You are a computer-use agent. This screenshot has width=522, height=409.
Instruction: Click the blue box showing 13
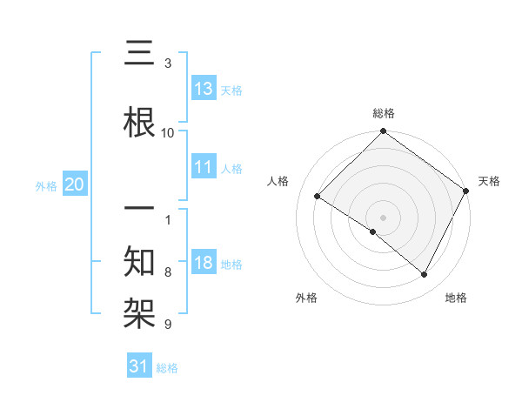pos(204,89)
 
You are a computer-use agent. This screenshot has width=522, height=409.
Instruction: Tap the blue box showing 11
pos(204,167)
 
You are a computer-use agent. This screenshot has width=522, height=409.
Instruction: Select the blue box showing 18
pos(204,263)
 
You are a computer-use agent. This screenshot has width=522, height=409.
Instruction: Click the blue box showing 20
pos(74,184)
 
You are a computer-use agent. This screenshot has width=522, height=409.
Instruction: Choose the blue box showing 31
pos(138,366)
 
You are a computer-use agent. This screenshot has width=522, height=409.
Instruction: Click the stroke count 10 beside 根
pos(168,132)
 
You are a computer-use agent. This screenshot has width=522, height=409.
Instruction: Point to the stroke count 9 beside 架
pos(168,325)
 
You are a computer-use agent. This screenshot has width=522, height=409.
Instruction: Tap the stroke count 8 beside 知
pos(168,272)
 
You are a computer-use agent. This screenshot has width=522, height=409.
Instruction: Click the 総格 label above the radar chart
pos(383,113)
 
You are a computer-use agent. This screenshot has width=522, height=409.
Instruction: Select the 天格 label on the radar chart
pos(489,181)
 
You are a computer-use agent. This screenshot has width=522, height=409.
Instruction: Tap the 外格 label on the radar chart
pos(306,298)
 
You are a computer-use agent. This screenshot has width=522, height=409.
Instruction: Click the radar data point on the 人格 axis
pos(318,197)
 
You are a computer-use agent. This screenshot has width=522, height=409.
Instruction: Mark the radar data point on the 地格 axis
pos(425,275)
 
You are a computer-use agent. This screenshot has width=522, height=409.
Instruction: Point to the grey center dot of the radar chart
pos(383,217)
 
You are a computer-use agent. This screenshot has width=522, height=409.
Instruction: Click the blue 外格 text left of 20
pos(46,185)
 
